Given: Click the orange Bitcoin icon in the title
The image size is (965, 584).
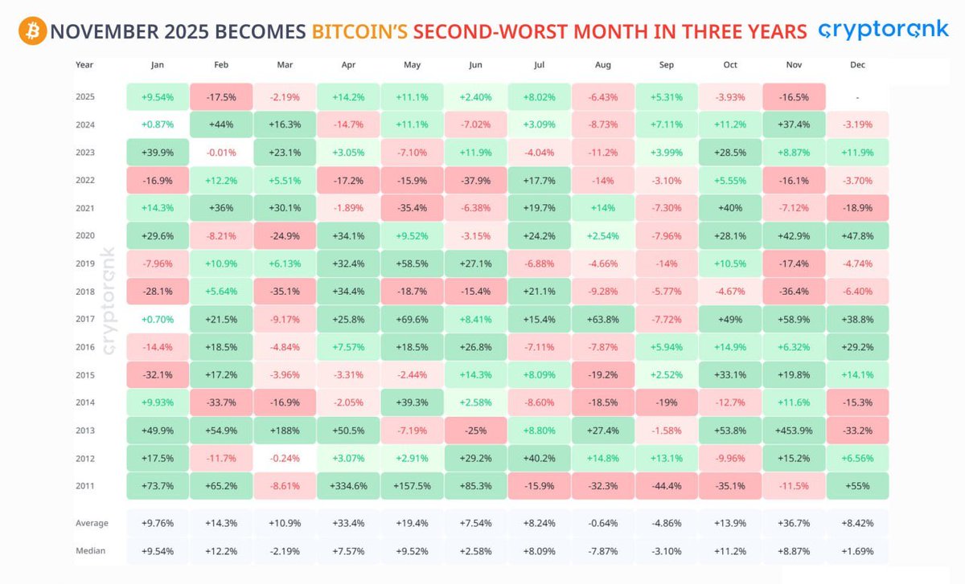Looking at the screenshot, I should [x=32, y=32].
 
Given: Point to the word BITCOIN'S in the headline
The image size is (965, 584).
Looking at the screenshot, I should [x=360, y=32].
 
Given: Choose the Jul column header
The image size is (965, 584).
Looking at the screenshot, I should [x=539, y=64].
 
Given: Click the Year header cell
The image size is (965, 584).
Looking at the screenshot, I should [x=84, y=64].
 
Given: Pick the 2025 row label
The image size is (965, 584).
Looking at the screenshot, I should [x=85, y=96].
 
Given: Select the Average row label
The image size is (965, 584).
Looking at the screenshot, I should [x=92, y=524].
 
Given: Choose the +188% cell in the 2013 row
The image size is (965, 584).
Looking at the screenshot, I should [x=285, y=431].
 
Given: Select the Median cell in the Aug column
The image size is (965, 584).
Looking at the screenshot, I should [x=602, y=552].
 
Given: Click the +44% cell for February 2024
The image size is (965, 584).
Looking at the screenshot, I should [x=221, y=125].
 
